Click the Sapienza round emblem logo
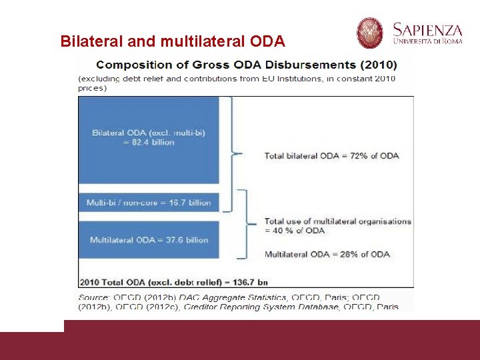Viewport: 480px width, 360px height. click(x=370, y=33)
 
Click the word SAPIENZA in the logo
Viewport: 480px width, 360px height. click(x=427, y=29)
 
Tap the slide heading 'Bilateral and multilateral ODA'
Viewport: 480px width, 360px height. click(x=173, y=41)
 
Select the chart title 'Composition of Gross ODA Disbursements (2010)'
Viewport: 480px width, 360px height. click(x=246, y=65)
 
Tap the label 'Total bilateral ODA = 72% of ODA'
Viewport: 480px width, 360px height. click(x=331, y=155)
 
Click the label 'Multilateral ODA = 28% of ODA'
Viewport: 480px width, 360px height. click(x=327, y=254)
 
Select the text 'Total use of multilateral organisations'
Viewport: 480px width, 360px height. click(x=337, y=221)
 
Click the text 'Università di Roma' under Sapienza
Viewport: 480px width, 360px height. click(x=427, y=42)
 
